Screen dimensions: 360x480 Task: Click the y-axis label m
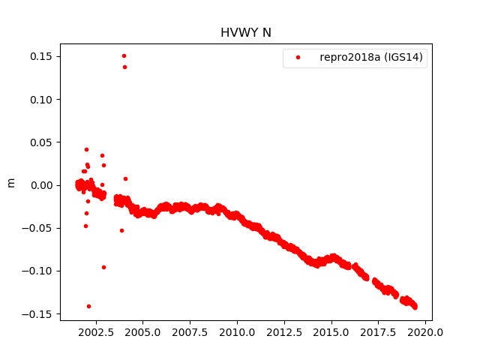point(10,182)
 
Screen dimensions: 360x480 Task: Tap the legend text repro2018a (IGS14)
point(373,58)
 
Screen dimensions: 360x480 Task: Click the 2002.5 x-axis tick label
point(95,331)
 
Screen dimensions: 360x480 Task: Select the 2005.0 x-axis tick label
point(142,331)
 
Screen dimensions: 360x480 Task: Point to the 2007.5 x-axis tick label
point(190,331)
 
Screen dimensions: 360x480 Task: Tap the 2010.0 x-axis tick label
point(237,331)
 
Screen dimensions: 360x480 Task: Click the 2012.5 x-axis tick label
point(284,331)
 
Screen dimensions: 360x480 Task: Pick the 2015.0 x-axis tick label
point(331,331)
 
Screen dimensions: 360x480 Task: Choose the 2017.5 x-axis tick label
point(379,331)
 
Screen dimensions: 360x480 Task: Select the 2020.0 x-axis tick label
point(426,331)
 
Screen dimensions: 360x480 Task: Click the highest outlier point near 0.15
point(124,55)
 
